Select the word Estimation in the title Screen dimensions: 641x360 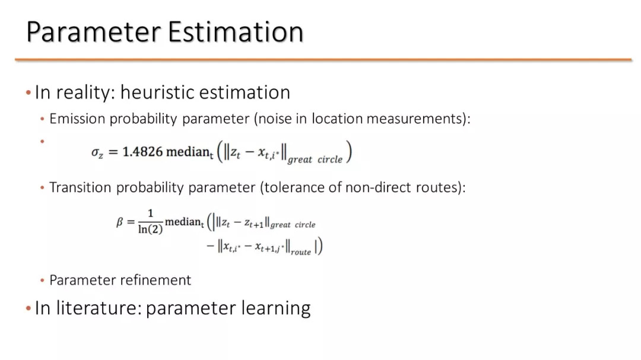pos(236,32)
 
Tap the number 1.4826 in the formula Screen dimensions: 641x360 pos(142,152)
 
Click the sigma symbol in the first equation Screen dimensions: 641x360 pos(97,153)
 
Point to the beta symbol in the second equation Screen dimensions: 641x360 pos(119,222)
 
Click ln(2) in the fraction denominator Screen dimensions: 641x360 pos(150,229)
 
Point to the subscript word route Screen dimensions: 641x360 pos(301,252)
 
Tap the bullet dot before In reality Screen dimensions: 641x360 pos(28,93)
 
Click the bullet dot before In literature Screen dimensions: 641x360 pos(28,308)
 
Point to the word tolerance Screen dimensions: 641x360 pos(295,187)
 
